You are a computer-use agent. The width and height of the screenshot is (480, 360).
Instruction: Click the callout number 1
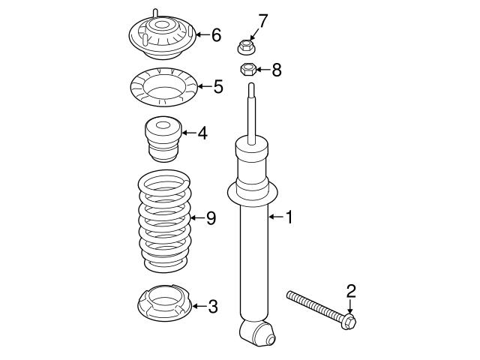[x=289, y=217]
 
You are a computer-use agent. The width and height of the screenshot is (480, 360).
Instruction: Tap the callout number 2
[x=349, y=290]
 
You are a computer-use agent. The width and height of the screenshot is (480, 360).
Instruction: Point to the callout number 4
[x=202, y=133]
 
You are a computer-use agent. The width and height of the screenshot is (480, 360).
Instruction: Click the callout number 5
[x=217, y=87]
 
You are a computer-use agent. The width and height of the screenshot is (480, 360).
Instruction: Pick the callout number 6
[x=216, y=34]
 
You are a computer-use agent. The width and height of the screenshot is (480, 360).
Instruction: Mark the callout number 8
[x=277, y=70]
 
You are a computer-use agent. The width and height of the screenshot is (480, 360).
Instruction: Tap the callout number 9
[x=211, y=218]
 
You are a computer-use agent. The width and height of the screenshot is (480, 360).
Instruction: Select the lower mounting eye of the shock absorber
[x=254, y=331]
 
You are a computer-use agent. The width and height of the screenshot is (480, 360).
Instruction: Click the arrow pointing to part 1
[x=274, y=217]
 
